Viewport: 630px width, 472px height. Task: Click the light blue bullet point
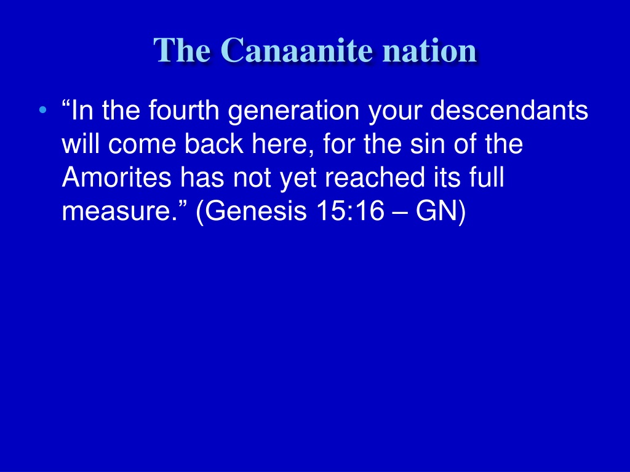[43, 110]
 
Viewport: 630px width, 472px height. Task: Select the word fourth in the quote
[183, 110]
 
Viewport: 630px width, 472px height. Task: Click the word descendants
[509, 110]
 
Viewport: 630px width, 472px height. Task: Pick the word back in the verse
[213, 144]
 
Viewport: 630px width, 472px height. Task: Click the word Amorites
[116, 177]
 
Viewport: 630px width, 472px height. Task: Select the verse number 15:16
[350, 211]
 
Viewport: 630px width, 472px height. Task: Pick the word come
[142, 144]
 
